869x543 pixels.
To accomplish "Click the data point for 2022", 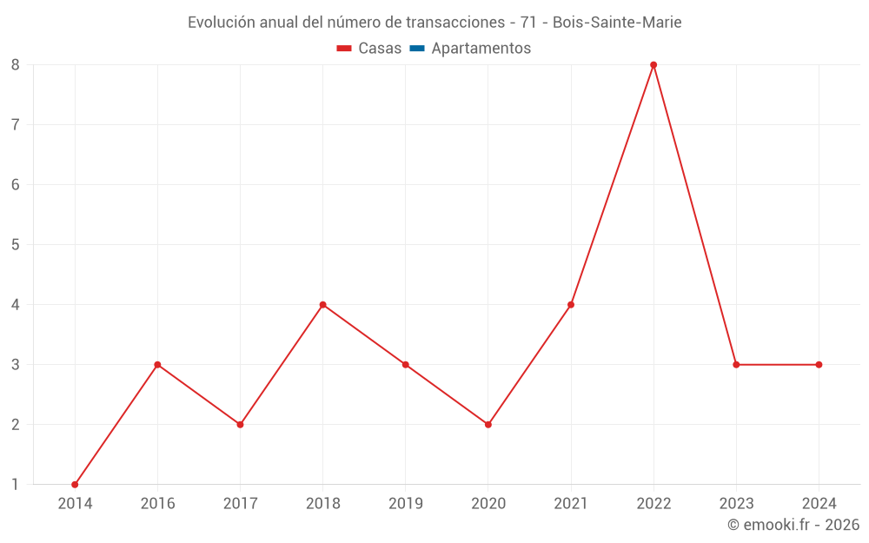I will point(653,65).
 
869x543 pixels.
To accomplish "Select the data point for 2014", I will point(75,485).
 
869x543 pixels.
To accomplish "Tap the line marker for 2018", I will point(323,305).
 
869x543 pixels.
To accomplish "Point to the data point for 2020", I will point(488,425).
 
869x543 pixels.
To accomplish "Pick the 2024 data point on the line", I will point(819,365).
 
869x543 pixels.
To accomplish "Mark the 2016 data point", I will point(157,365).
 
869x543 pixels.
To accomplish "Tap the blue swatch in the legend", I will point(416,49).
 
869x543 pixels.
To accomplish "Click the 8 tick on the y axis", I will point(16,65).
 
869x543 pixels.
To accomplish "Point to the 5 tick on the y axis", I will point(16,245).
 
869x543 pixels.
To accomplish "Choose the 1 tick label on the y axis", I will point(16,485).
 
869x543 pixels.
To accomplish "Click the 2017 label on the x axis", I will point(240,503).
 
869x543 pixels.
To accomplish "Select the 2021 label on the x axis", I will point(571,503).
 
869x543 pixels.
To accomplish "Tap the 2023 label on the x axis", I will point(736,503).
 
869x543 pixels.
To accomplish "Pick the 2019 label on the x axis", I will point(406,503).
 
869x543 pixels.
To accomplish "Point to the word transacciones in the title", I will point(454,23).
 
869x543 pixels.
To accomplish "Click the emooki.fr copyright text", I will point(793,525).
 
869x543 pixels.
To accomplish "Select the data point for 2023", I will point(736,365).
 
